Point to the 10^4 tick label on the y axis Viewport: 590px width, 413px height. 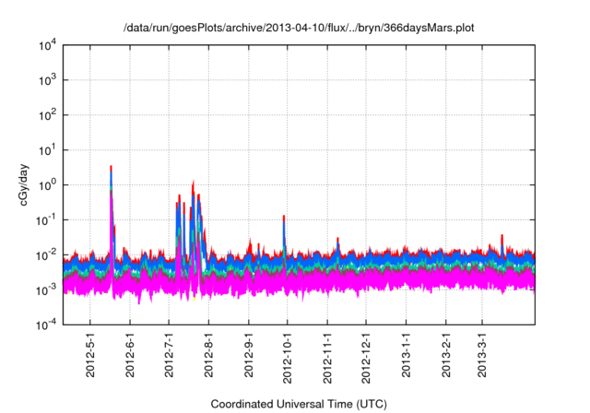[x=48, y=44]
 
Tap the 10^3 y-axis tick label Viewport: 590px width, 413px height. [x=48, y=79]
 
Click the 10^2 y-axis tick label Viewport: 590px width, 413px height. [x=48, y=114]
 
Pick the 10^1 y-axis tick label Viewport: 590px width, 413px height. [x=48, y=149]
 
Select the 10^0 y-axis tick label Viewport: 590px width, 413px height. [x=48, y=184]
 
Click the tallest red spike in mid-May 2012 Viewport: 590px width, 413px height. [x=111, y=169]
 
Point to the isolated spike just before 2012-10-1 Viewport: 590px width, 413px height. [x=284, y=218]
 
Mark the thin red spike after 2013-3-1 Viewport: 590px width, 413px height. [x=501, y=237]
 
